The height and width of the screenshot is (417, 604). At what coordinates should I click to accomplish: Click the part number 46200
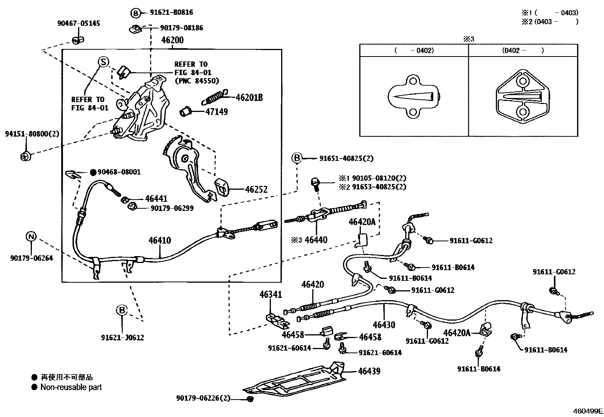[x=172, y=40]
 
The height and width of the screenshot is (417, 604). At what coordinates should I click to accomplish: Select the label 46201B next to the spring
[x=249, y=98]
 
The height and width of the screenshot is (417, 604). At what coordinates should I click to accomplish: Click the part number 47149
[x=217, y=112]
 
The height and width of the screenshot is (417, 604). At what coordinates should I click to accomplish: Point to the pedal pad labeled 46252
[x=222, y=187]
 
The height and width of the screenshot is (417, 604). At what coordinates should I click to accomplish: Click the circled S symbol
[x=104, y=62]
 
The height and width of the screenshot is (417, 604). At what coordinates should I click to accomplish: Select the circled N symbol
[x=31, y=237]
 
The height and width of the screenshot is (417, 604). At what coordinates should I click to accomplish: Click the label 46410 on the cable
[x=160, y=240]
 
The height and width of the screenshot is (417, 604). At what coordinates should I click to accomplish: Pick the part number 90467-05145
[x=79, y=24]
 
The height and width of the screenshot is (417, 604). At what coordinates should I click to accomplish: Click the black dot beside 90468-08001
[x=93, y=172]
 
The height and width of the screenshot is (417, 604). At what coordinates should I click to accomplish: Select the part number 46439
[x=369, y=371]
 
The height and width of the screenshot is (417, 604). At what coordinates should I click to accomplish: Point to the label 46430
[x=384, y=325]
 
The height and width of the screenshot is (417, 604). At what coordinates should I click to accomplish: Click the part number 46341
[x=271, y=294]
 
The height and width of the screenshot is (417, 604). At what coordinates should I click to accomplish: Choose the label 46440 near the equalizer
[x=316, y=240]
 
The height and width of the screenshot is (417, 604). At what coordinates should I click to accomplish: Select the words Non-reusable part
[x=71, y=387]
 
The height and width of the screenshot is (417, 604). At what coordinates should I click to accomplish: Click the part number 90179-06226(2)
[x=203, y=398]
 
